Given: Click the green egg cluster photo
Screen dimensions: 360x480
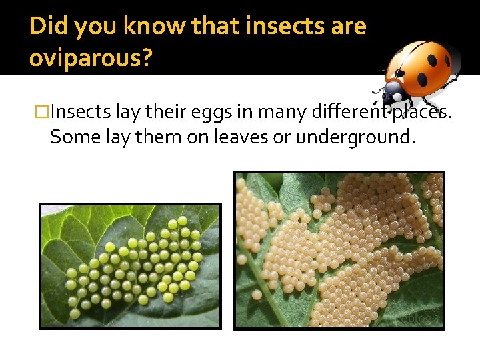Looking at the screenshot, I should [x=130, y=266].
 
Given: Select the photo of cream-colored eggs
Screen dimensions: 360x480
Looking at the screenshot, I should [x=339, y=250].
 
